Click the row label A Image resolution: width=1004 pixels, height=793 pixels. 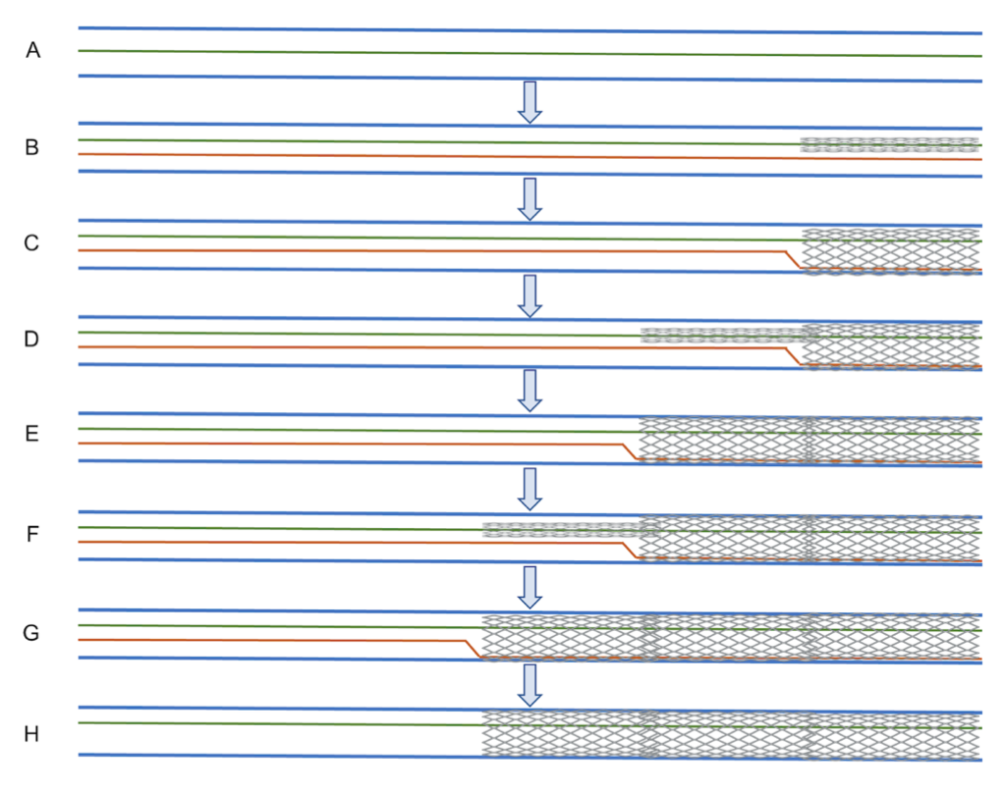(32, 51)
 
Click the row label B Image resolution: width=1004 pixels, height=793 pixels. (32, 148)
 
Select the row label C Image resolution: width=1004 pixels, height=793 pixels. (32, 243)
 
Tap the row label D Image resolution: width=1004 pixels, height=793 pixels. (32, 340)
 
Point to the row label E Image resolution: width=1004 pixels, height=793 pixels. (32, 434)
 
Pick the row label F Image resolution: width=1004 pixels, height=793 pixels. (32, 536)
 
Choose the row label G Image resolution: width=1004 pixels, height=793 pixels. (32, 633)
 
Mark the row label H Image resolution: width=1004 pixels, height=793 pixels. (32, 733)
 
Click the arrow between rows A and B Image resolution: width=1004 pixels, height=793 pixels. (530, 102)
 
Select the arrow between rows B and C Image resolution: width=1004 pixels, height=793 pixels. (530, 198)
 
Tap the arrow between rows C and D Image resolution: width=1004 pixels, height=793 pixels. (530, 295)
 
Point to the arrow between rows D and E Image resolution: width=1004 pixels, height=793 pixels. (530, 391)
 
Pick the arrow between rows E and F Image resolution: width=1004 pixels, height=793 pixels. (530, 488)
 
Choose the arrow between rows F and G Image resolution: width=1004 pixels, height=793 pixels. (530, 586)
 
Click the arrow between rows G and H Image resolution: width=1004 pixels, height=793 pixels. (530, 684)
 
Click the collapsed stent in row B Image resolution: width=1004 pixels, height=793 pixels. (890, 144)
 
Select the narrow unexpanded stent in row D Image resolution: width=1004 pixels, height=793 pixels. (722, 336)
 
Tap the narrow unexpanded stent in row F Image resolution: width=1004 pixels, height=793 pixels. (562, 530)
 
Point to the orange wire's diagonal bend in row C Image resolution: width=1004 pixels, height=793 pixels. (794, 260)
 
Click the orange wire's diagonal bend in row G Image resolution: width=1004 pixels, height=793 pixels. (473, 649)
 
